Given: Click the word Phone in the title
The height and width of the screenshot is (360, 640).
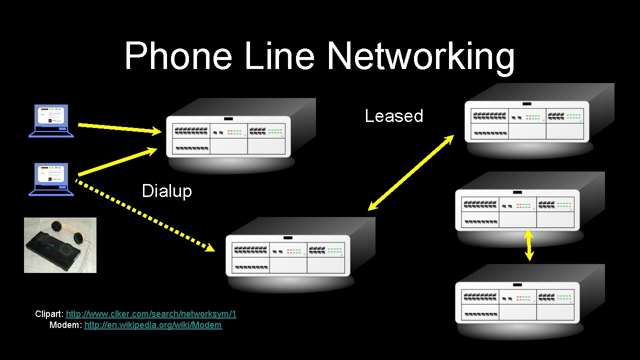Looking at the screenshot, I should [x=177, y=56].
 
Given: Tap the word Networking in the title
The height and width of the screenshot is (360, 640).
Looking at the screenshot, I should [x=420, y=56].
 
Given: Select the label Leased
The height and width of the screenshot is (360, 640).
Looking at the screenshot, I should [x=394, y=116].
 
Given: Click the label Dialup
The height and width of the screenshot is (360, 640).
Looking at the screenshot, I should [x=166, y=191].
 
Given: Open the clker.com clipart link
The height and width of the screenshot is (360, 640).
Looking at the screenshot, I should [x=151, y=314].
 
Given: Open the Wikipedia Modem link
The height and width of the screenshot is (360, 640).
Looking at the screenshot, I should [x=153, y=325].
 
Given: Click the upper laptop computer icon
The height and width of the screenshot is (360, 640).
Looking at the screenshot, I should [x=51, y=120].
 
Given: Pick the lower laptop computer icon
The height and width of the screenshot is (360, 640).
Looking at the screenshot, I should [x=51, y=179].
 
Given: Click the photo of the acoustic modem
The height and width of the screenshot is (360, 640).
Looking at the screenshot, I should [x=60, y=245].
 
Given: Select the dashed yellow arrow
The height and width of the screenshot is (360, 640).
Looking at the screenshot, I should [x=145, y=215].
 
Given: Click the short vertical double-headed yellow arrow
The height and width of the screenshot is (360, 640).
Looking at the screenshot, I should [x=529, y=245].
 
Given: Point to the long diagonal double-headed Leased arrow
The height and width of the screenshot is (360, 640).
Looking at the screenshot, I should [x=410, y=172].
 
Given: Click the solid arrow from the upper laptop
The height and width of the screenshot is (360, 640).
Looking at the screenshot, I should [x=120, y=128].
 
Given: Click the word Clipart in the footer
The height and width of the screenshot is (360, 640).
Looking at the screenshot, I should [x=48, y=314].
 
